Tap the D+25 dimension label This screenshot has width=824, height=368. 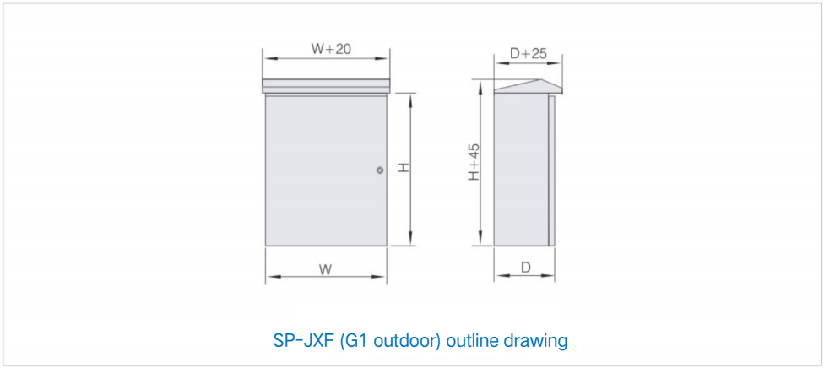[x=529, y=53]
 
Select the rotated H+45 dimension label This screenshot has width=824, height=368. [x=474, y=162]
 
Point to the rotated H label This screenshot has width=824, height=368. [x=403, y=168]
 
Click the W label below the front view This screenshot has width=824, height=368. [x=325, y=270]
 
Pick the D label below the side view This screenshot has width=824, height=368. [x=525, y=268]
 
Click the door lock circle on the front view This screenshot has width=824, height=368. [x=379, y=170]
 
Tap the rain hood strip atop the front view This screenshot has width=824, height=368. [x=326, y=86]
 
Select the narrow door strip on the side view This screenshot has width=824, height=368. [x=551, y=170]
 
